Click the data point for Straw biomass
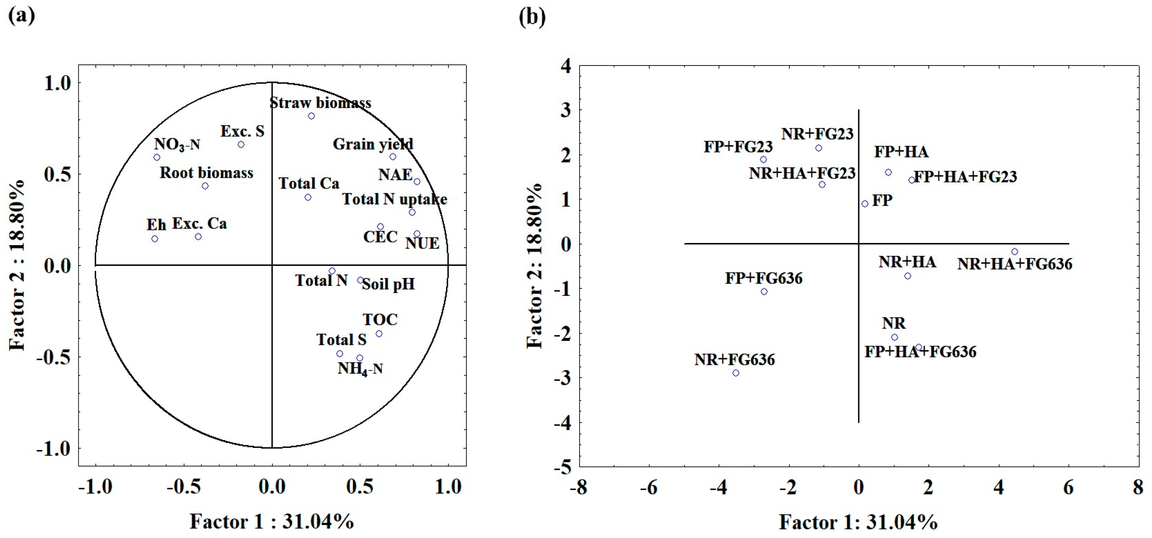311,116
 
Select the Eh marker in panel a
155,238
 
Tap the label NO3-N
177,144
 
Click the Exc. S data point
241,145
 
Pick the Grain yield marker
393,157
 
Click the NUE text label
422,244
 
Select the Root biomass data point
205,186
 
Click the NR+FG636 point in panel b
735,373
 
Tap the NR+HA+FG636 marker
1015,251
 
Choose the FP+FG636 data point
764,291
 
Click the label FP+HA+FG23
965,176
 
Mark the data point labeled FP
865,204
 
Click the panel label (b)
532,17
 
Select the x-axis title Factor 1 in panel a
271,521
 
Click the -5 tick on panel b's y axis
563,467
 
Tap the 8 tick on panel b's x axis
1138,487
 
